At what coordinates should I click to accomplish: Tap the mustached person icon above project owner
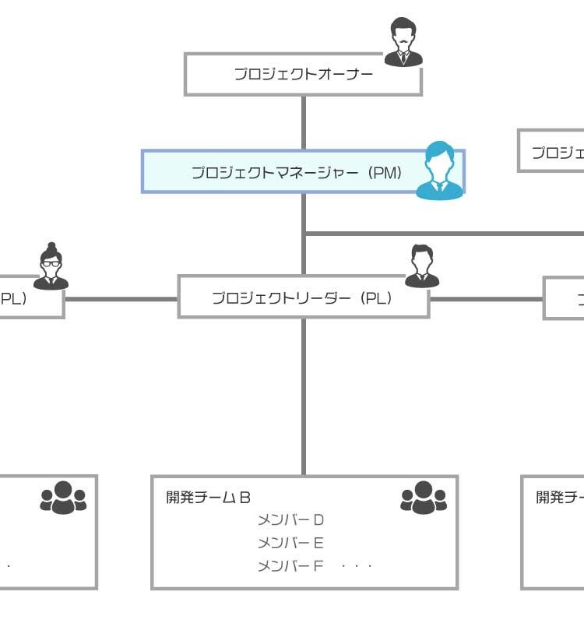pyautogui.click(x=403, y=43)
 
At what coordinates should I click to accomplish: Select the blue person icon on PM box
pyautogui.click(x=440, y=171)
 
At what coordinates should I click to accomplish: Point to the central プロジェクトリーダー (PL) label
pyautogui.click(x=302, y=297)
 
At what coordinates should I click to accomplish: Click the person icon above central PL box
pyautogui.click(x=421, y=266)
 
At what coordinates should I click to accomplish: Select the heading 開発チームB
pyautogui.click(x=209, y=498)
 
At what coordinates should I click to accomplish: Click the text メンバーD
pyautogui.click(x=290, y=520)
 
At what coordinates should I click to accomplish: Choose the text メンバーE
pyautogui.click(x=290, y=543)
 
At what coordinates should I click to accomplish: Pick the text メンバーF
pyautogui.click(x=290, y=566)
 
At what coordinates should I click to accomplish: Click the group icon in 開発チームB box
pyautogui.click(x=424, y=498)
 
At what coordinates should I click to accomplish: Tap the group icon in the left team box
pyautogui.click(x=63, y=498)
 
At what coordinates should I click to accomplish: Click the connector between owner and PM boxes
pyautogui.click(x=304, y=122)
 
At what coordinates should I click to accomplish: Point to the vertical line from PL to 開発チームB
pyautogui.click(x=304, y=397)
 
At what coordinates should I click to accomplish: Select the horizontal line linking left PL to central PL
pyautogui.click(x=121, y=298)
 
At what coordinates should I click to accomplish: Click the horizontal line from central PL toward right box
pyautogui.click(x=486, y=298)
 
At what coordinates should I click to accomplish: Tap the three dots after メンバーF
pyautogui.click(x=357, y=566)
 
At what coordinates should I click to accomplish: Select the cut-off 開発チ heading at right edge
pyautogui.click(x=560, y=498)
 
